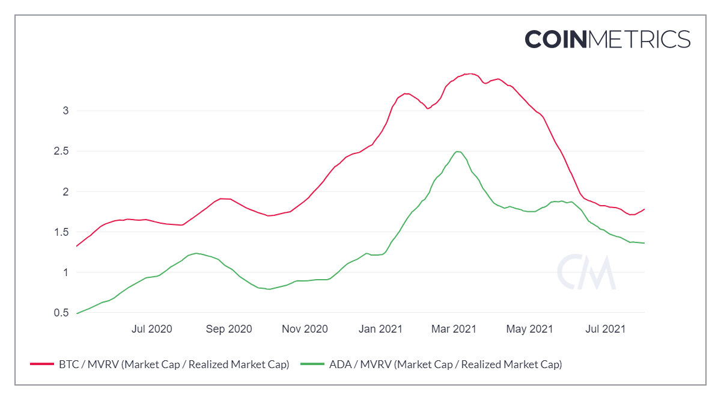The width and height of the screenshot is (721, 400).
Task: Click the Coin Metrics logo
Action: pyautogui.click(x=607, y=39)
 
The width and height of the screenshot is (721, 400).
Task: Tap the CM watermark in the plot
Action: pyautogui.click(x=586, y=272)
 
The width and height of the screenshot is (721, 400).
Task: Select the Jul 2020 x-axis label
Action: pyautogui.click(x=151, y=329)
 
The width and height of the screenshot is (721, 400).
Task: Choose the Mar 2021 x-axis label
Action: pyautogui.click(x=455, y=329)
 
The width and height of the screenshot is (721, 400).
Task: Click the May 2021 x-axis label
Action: pyautogui.click(x=530, y=329)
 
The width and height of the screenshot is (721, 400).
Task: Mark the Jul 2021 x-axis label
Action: pyautogui.click(x=605, y=329)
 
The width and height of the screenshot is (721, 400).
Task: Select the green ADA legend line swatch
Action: pyautogui.click(x=313, y=364)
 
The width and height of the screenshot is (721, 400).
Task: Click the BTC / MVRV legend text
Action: pyautogui.click(x=174, y=364)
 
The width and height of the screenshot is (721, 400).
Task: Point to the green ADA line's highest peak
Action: pyautogui.click(x=458, y=152)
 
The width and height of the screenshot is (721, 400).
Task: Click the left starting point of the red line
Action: pyautogui.click(x=77, y=246)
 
